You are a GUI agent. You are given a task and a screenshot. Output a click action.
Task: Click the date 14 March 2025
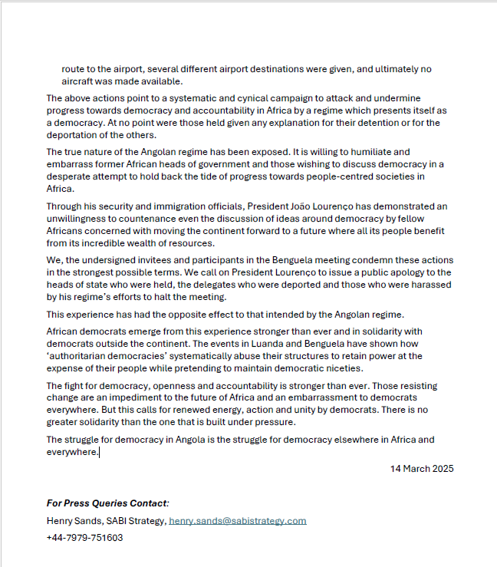point(421,468)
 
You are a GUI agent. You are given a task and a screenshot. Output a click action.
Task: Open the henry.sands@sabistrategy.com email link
point(237,520)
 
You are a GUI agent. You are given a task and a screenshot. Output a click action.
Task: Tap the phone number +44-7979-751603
point(84,537)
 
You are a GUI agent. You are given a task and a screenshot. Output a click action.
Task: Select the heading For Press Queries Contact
point(107,503)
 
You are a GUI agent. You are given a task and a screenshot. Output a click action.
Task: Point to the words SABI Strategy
point(138,520)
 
